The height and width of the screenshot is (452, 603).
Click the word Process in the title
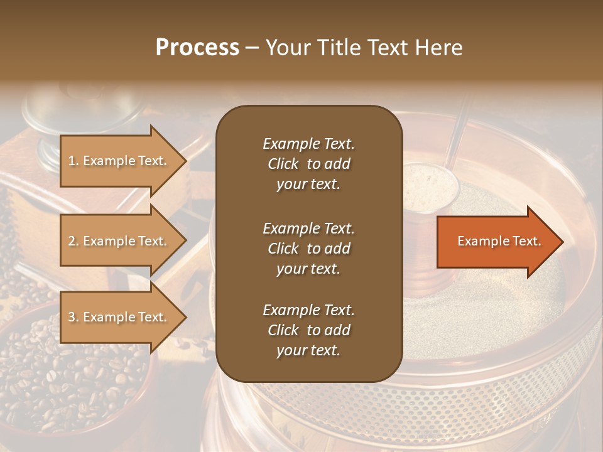[197, 48]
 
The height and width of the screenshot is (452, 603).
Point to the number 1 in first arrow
[72, 161]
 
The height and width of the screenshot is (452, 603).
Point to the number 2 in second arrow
[72, 242]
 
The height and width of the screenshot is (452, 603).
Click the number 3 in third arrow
[72, 318]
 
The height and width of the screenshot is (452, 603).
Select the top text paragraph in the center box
[308, 164]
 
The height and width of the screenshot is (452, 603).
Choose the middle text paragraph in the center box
[308, 248]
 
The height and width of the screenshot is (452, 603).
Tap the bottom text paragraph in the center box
[308, 330]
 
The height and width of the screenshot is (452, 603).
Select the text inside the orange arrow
[499, 242]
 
